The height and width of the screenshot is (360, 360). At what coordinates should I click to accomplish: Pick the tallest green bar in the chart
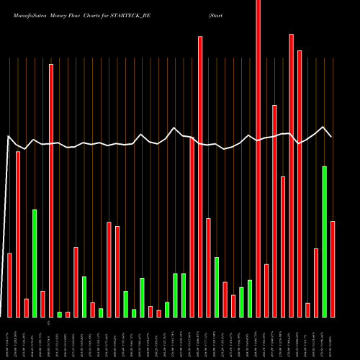(x=324, y=241)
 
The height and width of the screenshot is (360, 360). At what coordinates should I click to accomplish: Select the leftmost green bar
(x=35, y=263)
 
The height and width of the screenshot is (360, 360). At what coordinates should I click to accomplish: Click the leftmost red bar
(x=10, y=284)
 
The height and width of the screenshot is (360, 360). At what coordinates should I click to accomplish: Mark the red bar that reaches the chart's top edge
(x=258, y=158)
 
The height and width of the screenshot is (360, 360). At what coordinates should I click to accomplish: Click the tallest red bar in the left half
(x=51, y=190)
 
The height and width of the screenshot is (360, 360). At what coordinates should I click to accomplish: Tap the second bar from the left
(x=18, y=234)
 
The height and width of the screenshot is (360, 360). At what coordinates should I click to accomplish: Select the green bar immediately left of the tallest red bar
(x=250, y=298)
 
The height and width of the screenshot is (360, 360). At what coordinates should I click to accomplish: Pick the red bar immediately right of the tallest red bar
(x=266, y=290)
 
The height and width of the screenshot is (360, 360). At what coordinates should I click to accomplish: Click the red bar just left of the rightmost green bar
(x=316, y=282)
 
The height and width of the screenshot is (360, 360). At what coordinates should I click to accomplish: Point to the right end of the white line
(x=331, y=136)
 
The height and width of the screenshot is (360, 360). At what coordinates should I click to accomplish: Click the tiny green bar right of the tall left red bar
(x=59, y=314)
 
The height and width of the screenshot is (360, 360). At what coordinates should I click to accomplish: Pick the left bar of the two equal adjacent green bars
(x=175, y=295)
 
